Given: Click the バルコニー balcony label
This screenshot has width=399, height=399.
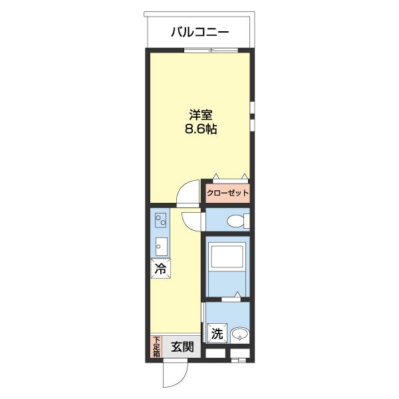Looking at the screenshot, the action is click(x=199, y=33).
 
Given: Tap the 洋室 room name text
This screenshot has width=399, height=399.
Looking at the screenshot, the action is click(x=201, y=115).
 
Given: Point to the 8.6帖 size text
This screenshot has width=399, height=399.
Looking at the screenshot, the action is click(x=201, y=129).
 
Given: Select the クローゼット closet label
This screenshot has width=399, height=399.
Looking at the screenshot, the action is click(x=227, y=193).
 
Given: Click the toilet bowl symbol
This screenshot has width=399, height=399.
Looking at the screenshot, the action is click(x=235, y=221).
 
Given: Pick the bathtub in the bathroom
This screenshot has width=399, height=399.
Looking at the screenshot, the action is click(x=227, y=256).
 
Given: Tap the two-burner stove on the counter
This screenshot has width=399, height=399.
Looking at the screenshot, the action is click(x=160, y=220).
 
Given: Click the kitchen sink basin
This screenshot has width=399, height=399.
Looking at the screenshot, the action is click(x=162, y=247).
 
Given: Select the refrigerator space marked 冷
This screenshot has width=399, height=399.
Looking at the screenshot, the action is click(x=160, y=268).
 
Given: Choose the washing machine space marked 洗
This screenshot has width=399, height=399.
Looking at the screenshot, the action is click(x=217, y=333).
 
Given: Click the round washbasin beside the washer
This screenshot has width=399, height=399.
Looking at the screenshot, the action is click(x=239, y=334).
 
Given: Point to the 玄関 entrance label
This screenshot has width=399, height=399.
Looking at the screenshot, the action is click(x=182, y=346).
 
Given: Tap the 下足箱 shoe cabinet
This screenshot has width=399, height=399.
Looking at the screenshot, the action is click(x=156, y=346).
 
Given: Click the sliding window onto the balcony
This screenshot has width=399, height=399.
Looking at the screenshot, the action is click(x=211, y=51).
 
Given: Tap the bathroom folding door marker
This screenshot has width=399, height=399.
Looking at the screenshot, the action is click(x=231, y=298).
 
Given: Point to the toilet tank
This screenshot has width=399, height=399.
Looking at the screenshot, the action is click(x=247, y=221).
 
